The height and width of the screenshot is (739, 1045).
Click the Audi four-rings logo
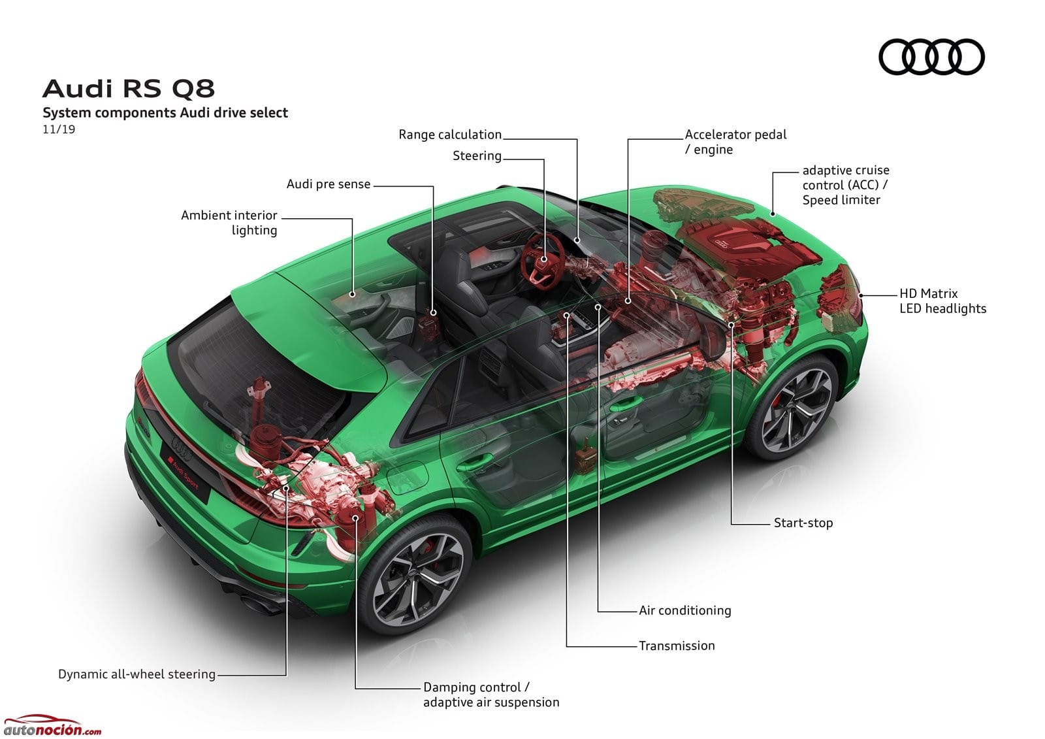[931, 57]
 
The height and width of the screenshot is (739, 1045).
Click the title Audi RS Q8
[128, 88]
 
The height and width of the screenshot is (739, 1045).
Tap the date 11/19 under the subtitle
[59, 129]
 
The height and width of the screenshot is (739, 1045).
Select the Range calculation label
[450, 135]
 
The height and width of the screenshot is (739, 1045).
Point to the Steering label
[477, 156]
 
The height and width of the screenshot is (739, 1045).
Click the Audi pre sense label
[329, 184]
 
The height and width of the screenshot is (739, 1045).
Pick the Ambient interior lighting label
[229, 222]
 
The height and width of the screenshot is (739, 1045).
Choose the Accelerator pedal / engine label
[735, 142]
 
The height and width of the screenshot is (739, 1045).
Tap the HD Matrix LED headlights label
[942, 301]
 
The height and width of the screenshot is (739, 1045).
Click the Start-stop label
[803, 522]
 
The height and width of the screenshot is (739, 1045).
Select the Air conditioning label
[685, 610]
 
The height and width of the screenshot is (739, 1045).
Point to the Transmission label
[677, 646]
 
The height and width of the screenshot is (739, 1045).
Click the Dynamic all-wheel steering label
[137, 674]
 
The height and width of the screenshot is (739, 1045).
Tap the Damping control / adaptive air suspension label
[490, 695]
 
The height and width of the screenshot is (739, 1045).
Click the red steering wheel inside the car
[543, 261]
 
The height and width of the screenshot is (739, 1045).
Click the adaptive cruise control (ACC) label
[845, 185]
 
